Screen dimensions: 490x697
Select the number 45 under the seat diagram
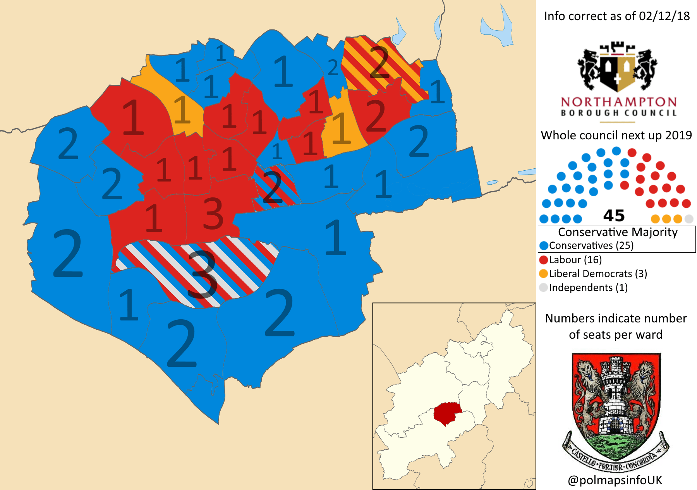tap(614, 216)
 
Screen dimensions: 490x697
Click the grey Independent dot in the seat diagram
tap(688, 219)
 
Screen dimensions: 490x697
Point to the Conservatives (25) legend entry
tap(586, 245)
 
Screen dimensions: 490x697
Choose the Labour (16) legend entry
tap(570, 260)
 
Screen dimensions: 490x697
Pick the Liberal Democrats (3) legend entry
tap(593, 274)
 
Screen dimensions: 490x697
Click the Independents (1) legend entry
tap(583, 288)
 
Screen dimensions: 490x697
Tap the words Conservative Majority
tap(618, 232)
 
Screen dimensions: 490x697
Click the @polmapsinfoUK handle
tap(615, 480)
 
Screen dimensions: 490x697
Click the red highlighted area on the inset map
tap(447, 413)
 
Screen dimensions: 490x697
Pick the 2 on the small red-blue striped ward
tap(272, 187)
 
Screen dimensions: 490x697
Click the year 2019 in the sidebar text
tap(678, 135)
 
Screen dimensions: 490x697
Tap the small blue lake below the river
tap(492, 182)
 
